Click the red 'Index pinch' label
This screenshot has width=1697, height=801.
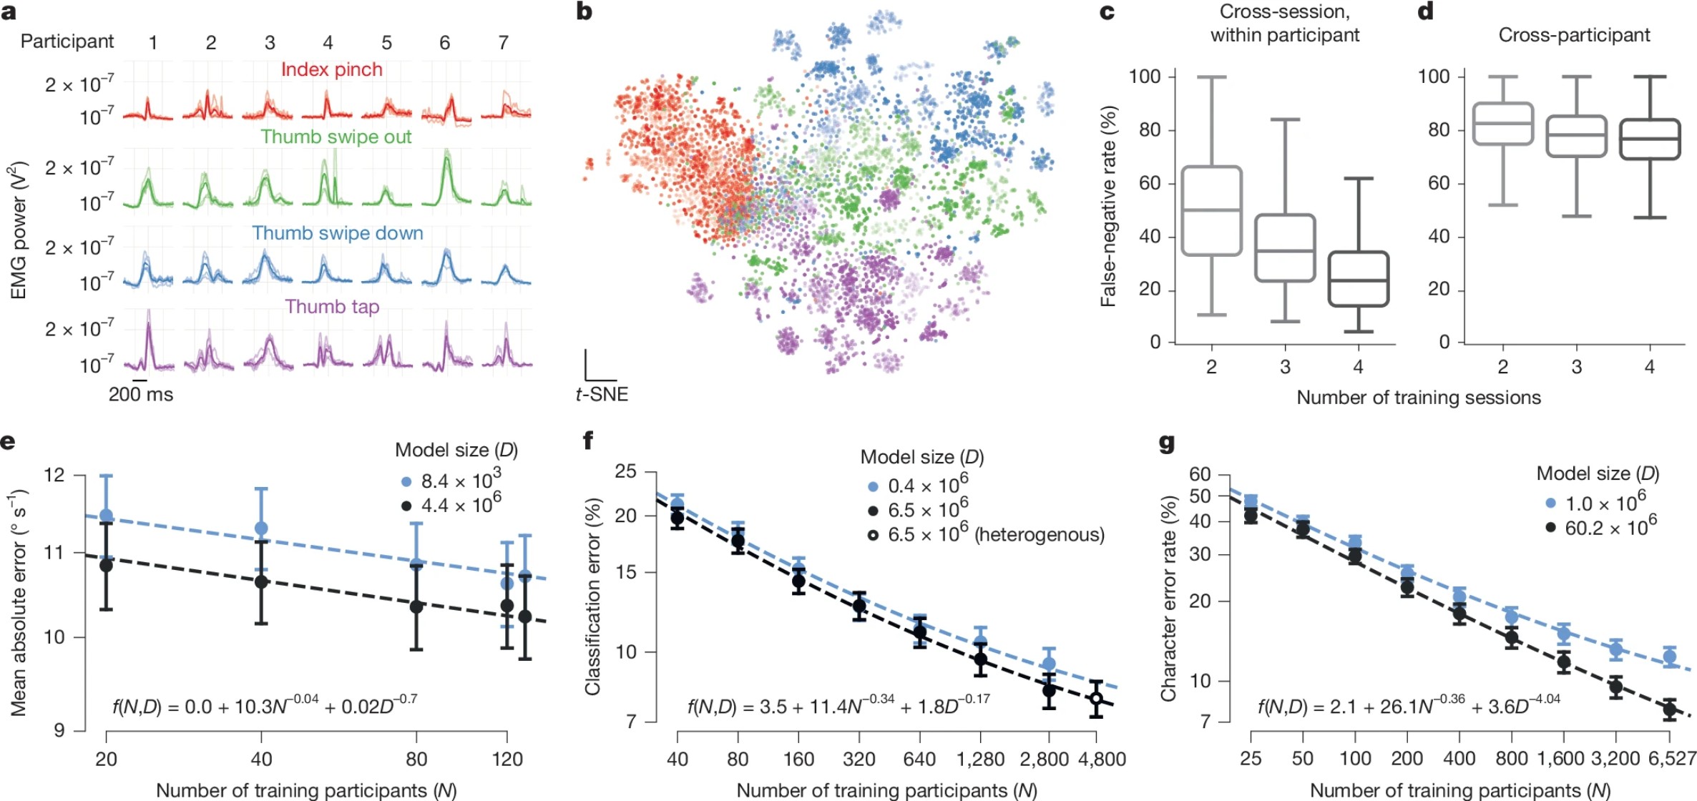[331, 69]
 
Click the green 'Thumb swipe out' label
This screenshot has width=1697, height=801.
[336, 137]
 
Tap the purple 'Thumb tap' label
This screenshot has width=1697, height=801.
[332, 307]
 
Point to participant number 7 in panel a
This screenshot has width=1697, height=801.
[504, 43]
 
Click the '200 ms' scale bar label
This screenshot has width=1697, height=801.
[141, 394]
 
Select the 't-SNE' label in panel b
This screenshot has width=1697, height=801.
[602, 394]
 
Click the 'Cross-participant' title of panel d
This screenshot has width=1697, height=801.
[1574, 35]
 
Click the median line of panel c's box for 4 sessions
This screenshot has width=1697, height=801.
[1359, 280]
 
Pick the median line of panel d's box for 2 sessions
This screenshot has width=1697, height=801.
[1502, 123]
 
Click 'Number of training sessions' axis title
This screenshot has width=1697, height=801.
[1418, 398]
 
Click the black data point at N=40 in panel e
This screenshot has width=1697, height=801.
[261, 582]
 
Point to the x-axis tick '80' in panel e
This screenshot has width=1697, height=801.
[416, 759]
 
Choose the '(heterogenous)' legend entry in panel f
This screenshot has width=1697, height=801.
[987, 534]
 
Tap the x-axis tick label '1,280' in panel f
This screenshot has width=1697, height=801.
[980, 759]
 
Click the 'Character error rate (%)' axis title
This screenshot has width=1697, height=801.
[1168, 598]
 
